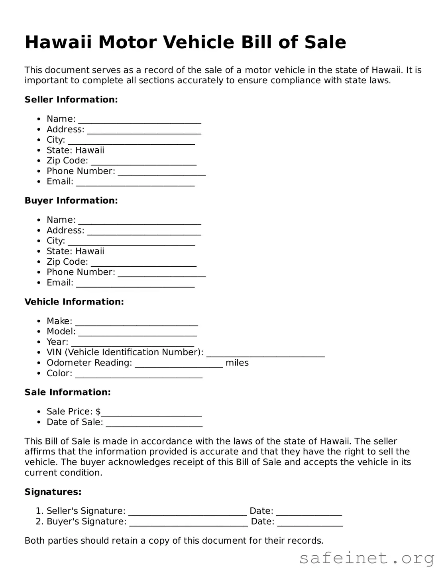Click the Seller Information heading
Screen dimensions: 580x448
coord(71,100)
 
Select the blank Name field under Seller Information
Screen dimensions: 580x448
coord(140,120)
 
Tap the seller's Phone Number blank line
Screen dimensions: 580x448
coord(161,172)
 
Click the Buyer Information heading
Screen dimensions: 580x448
coord(71,201)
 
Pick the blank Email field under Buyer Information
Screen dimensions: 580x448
coord(135,284)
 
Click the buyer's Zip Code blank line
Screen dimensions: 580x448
coord(143,263)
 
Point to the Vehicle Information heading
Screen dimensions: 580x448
coord(74,302)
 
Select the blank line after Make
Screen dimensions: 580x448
coord(136,322)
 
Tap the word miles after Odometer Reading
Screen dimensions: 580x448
coord(237,363)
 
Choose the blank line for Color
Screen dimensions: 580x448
coord(139,374)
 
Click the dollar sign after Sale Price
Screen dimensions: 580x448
coord(98,411)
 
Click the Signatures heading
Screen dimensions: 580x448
coord(53,492)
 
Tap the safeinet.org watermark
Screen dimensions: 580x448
coord(366,558)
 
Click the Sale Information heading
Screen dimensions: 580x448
coord(67,392)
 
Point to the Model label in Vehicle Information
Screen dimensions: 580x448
coord(61,332)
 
